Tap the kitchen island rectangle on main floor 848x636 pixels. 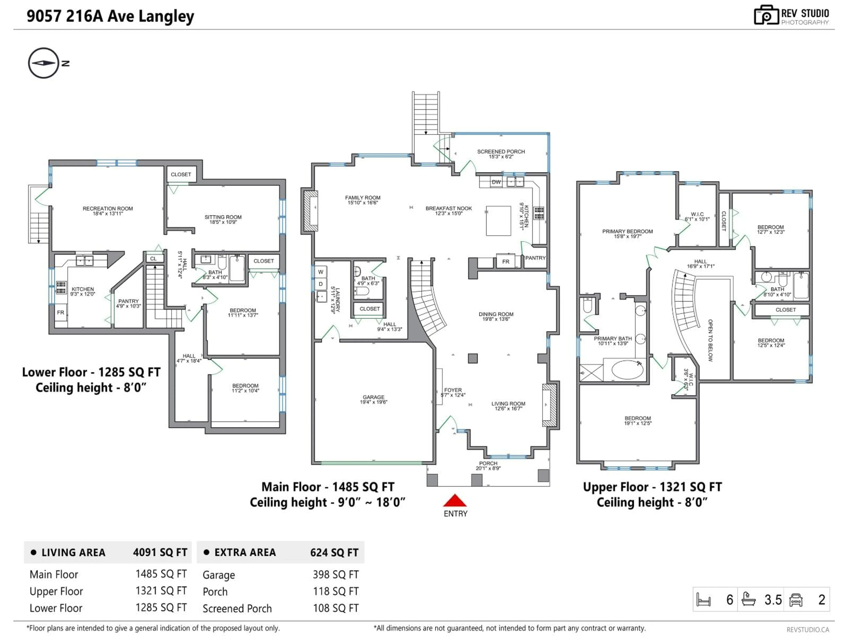pos(498,221)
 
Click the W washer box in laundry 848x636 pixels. pos(320,272)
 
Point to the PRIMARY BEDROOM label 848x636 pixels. pos(627,233)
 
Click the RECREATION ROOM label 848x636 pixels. pos(108,211)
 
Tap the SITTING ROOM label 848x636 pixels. pos(223,219)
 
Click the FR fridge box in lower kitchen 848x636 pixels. pos(61,312)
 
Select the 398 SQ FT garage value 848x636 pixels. pos(335,574)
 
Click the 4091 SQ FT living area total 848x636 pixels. pos(160,553)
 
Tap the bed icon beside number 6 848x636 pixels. pos(704,600)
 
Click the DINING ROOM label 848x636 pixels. pos(496,316)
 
